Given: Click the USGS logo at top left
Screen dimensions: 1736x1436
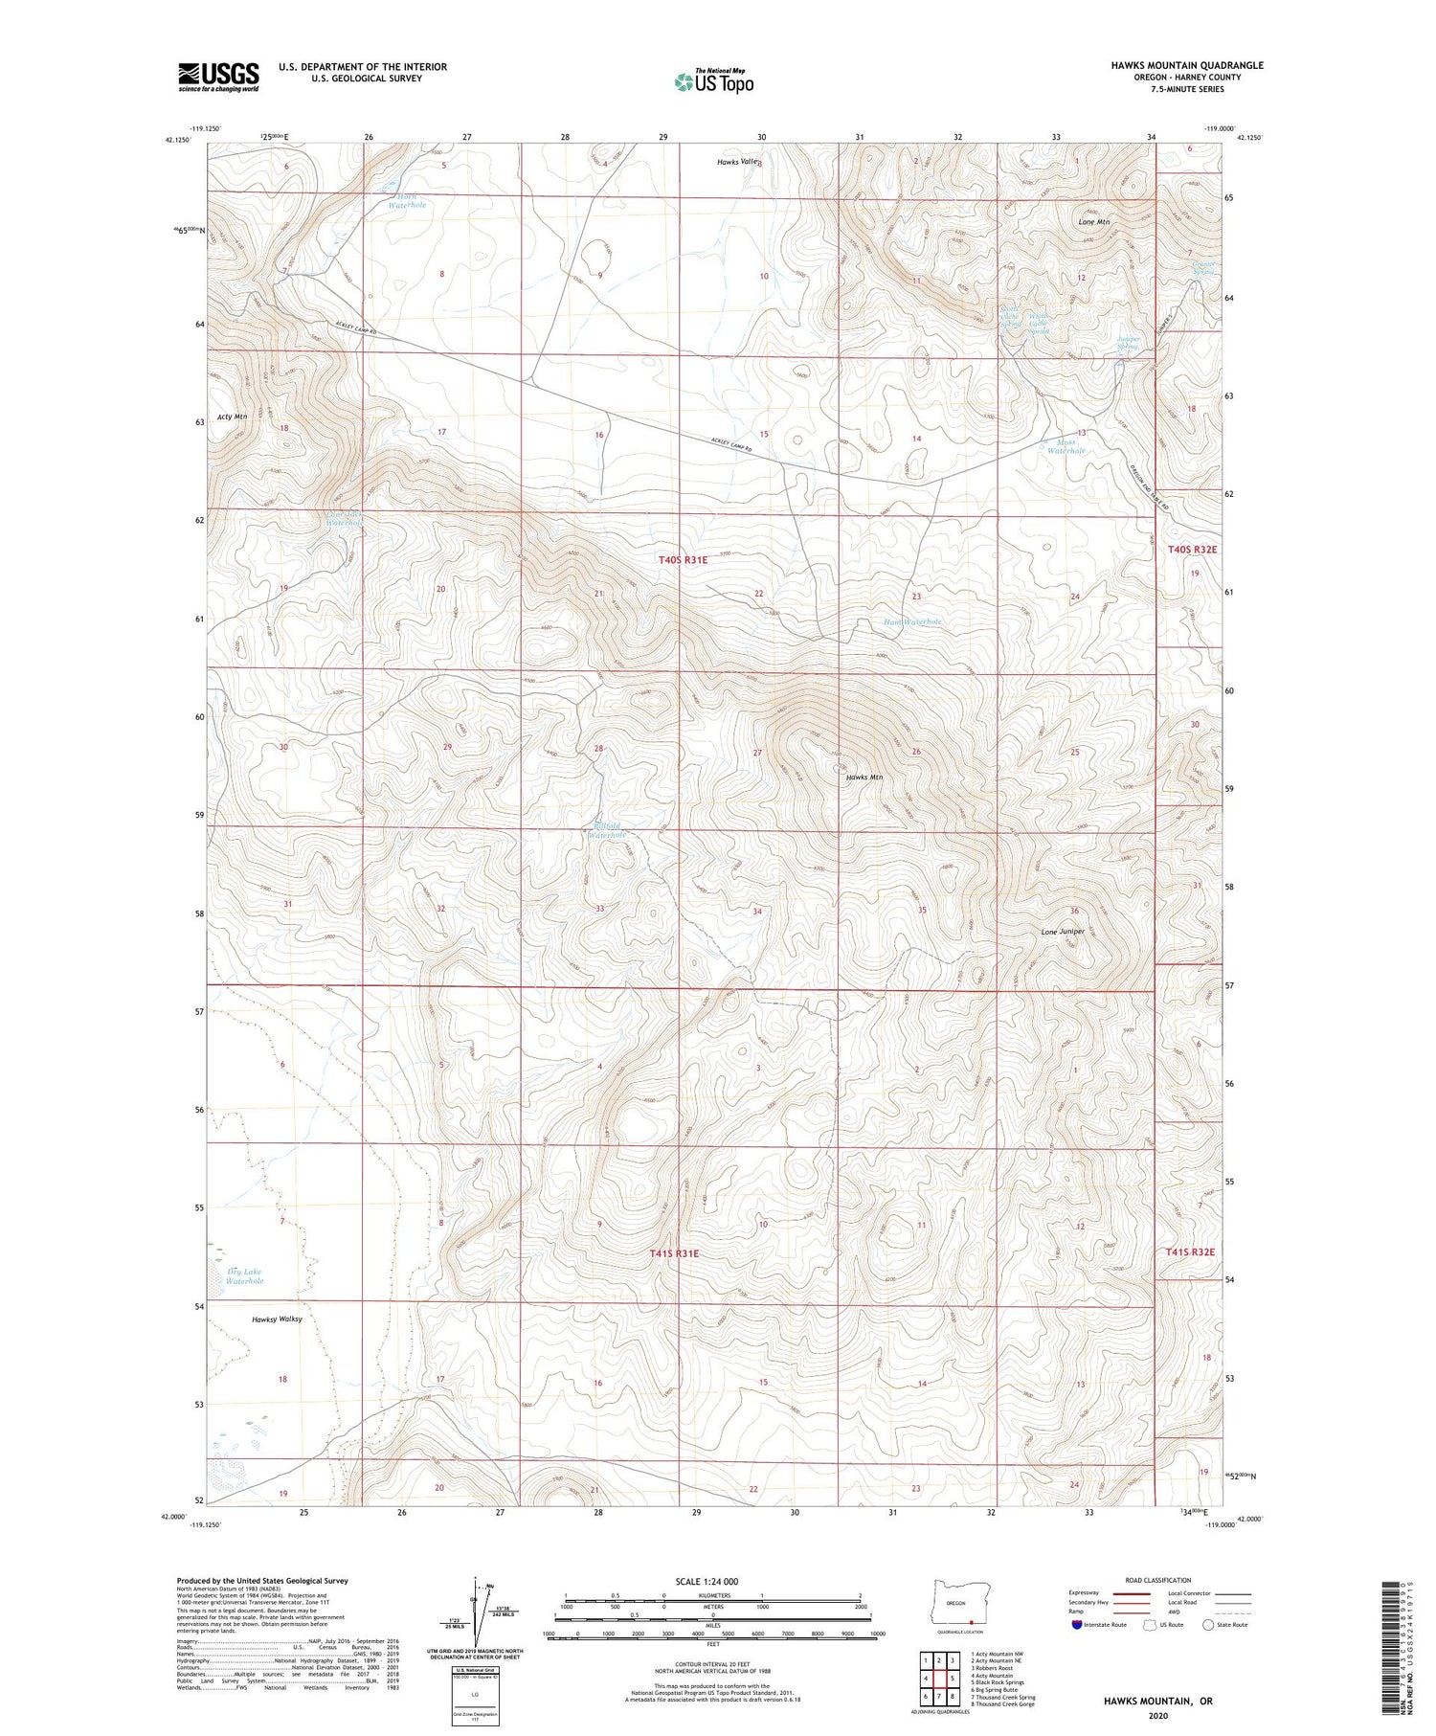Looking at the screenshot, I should coord(218,77).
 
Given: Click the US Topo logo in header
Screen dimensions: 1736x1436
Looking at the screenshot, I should coord(713,81).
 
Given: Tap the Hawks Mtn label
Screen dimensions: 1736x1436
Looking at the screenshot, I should coord(864,778).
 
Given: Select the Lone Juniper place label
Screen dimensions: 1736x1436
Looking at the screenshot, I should coord(1063,931).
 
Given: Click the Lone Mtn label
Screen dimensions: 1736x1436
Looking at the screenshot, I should coord(1093,222).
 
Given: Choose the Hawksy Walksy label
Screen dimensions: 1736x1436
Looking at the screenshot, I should coord(277,1319).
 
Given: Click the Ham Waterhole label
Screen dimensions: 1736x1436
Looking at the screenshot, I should coord(911,621).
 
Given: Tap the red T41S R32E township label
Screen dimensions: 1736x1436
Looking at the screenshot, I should coord(1190,1251).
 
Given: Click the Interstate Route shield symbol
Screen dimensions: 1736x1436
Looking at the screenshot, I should coord(1078,1625).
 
